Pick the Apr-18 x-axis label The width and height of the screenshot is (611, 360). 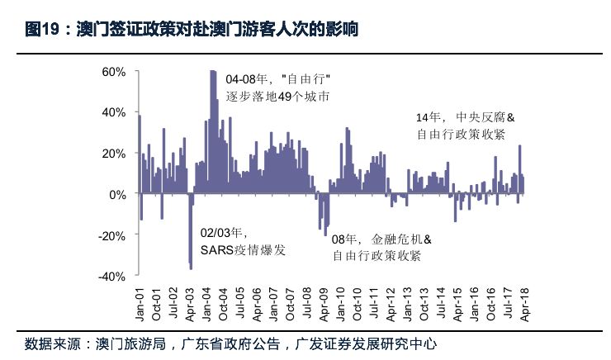coord(524,306)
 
